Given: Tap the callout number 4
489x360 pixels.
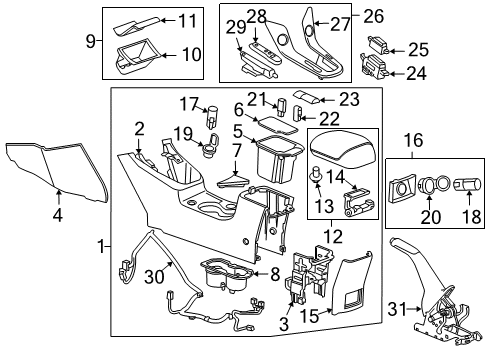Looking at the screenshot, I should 57,212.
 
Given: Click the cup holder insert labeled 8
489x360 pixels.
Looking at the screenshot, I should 224,274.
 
